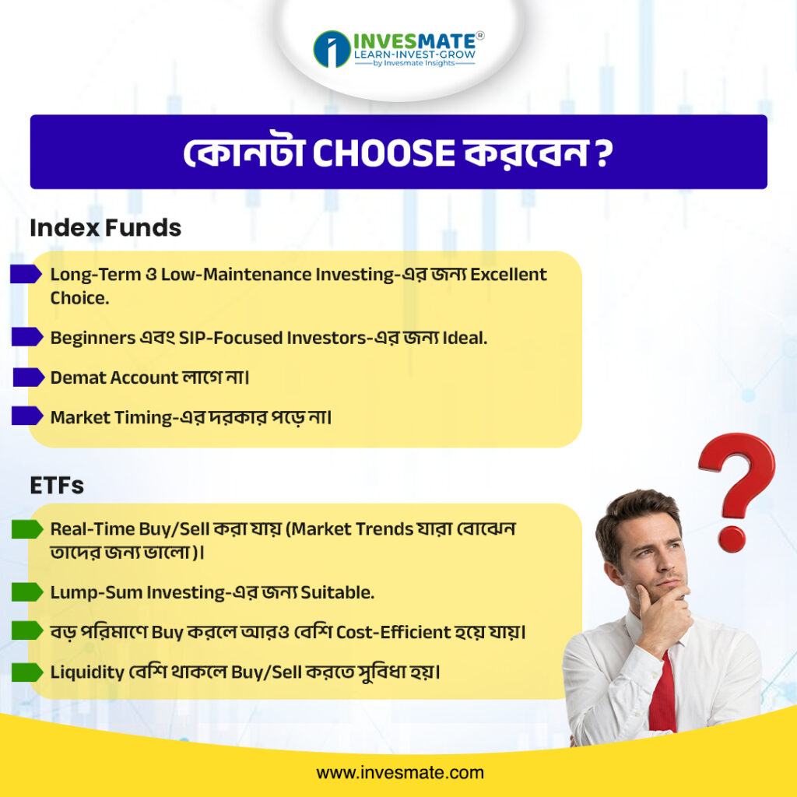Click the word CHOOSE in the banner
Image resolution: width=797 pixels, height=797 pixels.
point(383,153)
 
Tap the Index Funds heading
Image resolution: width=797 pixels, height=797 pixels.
point(106,228)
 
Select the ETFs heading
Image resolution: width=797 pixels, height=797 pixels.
point(57,486)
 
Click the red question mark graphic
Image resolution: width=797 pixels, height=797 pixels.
point(737,488)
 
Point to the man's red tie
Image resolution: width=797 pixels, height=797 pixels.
point(663,697)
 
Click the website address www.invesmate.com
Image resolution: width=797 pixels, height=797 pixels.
point(400,773)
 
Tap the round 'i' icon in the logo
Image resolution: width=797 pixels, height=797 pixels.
point(332,49)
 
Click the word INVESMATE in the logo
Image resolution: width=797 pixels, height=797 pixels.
point(414,40)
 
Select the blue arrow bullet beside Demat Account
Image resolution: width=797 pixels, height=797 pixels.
point(29,377)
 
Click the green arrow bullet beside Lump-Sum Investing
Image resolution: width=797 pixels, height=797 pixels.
point(27,592)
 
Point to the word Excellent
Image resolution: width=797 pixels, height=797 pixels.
point(508,275)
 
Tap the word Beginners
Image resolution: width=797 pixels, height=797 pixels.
point(93,338)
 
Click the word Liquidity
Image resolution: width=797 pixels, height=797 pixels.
point(87,672)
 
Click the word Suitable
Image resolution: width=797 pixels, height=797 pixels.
point(338,592)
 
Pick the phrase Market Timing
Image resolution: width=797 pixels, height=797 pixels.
point(111,418)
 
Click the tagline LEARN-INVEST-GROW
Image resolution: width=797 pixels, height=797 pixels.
point(415,54)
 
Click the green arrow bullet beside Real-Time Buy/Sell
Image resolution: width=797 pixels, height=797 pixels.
point(27,529)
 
